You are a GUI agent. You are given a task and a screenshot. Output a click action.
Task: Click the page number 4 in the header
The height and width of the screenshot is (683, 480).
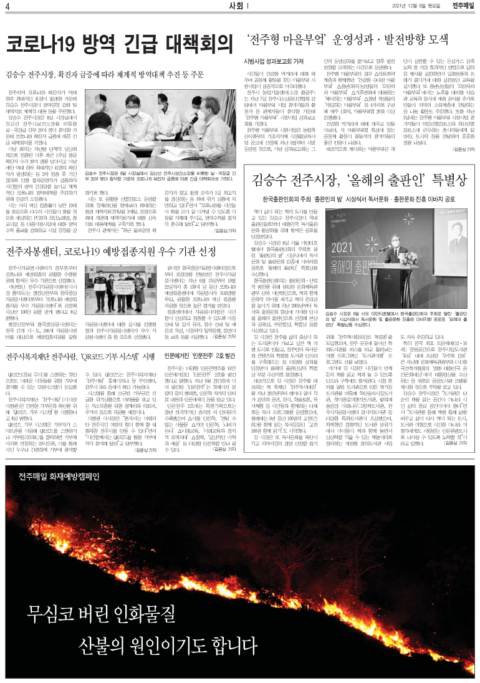click(7, 7)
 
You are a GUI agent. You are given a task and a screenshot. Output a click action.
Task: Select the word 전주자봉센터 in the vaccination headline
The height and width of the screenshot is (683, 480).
click(41, 252)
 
